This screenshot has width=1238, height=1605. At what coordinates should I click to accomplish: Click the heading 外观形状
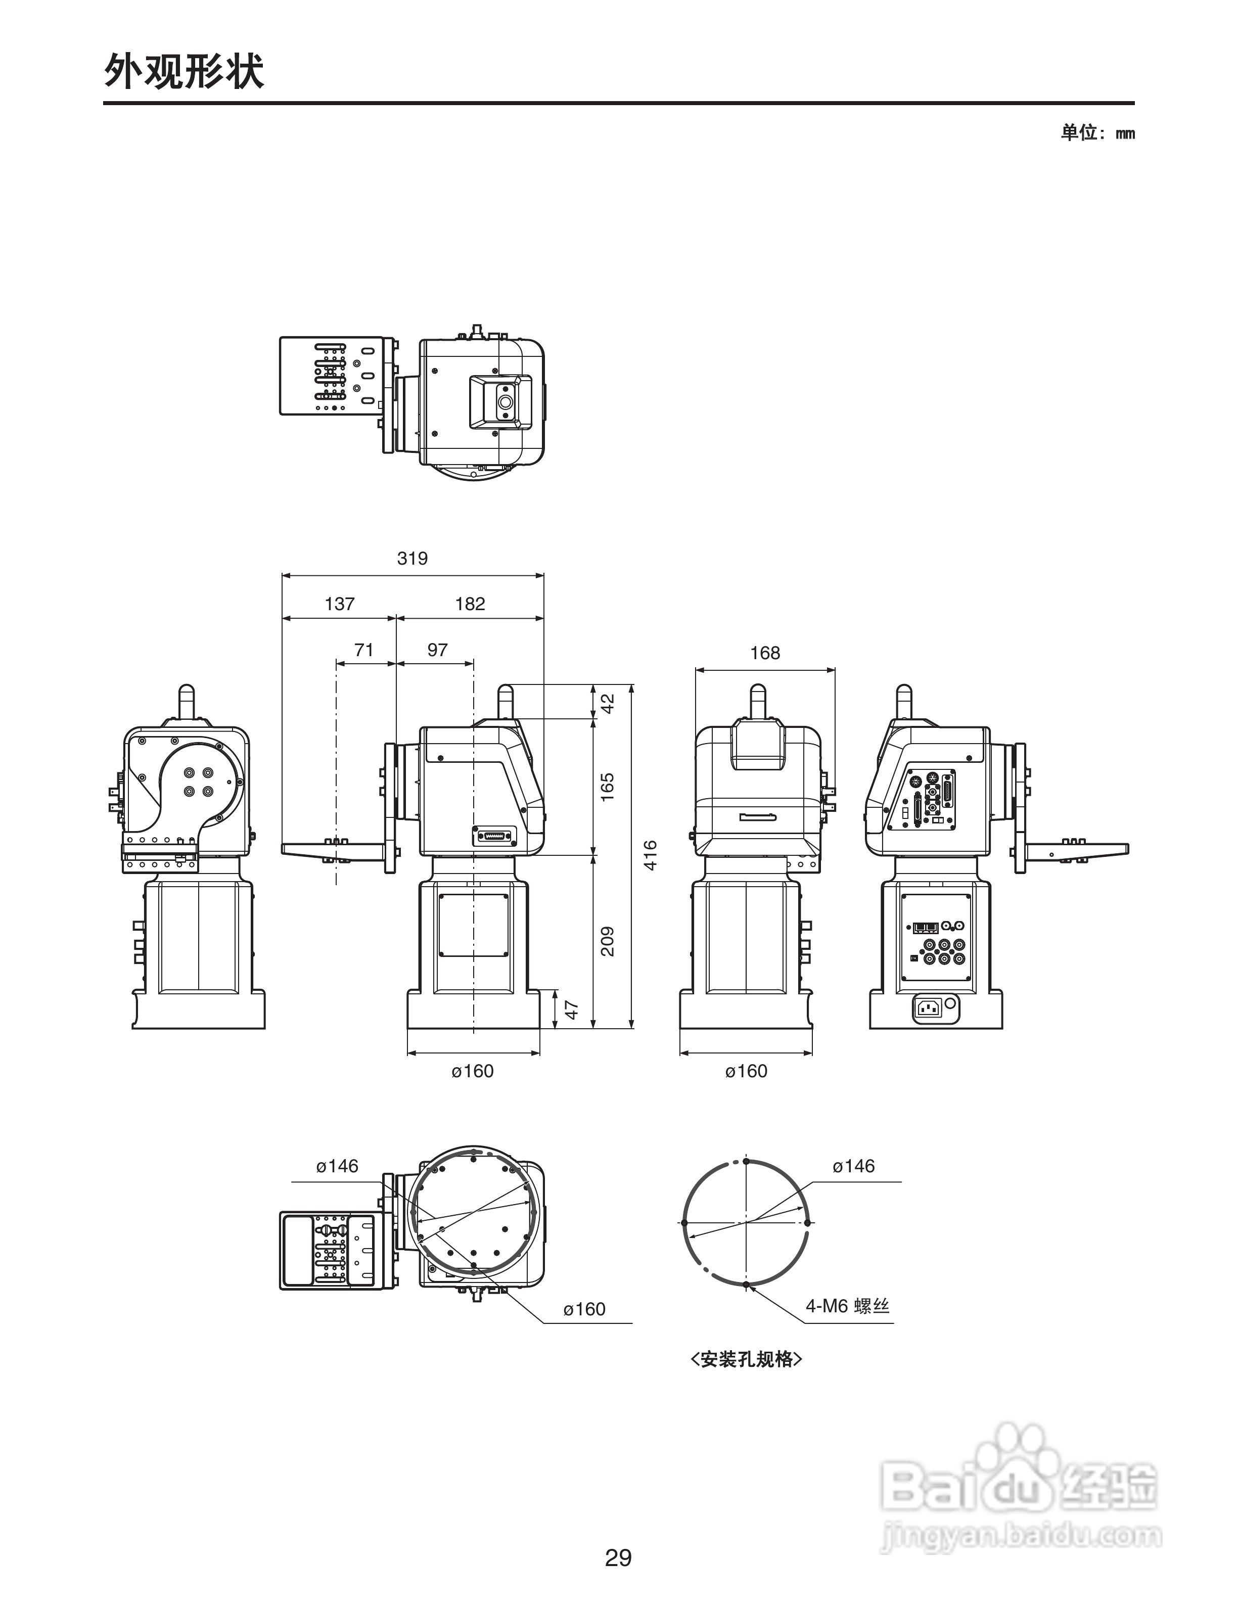[184, 71]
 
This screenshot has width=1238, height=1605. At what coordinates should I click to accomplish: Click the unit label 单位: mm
[1097, 133]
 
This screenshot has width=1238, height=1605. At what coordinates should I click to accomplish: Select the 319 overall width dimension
[412, 559]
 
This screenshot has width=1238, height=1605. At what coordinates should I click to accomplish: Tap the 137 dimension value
[339, 604]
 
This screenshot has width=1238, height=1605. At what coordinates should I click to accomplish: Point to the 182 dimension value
[470, 604]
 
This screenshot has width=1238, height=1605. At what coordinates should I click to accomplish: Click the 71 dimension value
[363, 650]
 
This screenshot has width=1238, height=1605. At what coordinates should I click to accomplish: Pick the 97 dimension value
[437, 650]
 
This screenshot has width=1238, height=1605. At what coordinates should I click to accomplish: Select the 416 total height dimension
[650, 855]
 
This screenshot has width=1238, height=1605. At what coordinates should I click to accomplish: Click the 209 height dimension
[608, 941]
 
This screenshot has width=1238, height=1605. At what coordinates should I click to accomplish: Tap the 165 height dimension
[608, 787]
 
